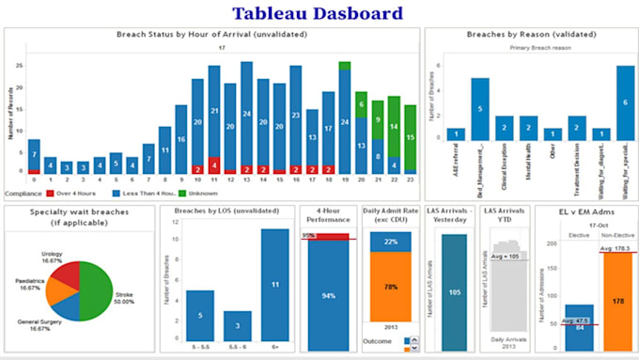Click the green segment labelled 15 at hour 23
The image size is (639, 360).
[410, 135]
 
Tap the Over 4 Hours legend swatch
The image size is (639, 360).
[50, 193]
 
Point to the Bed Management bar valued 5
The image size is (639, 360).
[480, 109]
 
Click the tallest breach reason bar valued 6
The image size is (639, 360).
[626, 102]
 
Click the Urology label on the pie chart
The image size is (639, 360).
[52, 254]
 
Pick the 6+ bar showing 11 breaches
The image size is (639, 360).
[275, 283]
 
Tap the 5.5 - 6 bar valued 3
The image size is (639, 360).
[237, 324]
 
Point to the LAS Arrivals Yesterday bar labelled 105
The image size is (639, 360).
[454, 292]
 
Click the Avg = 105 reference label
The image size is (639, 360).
[507, 256]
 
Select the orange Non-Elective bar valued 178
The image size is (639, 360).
[616, 301]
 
